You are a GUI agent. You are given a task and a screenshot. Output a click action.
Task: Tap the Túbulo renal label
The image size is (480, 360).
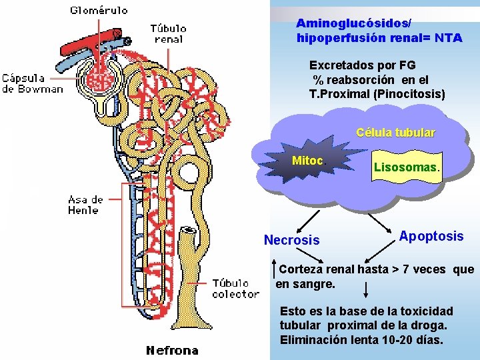tap(168, 33)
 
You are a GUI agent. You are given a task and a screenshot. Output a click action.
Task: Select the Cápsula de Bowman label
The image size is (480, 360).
tap(32, 83)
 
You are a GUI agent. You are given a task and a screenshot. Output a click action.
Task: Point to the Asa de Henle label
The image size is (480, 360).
tap(85, 205)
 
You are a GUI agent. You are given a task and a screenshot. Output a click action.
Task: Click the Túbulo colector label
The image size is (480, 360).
tap(235, 289)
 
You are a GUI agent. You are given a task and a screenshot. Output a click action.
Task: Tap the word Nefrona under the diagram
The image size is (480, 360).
tap(172, 350)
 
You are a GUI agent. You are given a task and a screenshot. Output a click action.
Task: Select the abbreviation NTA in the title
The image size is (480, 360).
tap(448, 38)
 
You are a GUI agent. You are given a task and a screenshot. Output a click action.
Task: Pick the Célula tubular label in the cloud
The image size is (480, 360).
tap(395, 133)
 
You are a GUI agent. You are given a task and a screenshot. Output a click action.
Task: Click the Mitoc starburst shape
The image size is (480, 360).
tap(307, 161)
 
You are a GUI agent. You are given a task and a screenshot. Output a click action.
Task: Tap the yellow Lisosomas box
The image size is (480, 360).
tap(406, 167)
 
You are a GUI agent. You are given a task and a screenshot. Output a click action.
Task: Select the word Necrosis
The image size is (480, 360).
tap(292, 240)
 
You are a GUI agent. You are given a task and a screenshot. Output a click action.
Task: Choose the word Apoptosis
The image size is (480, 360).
tap(431, 236)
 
